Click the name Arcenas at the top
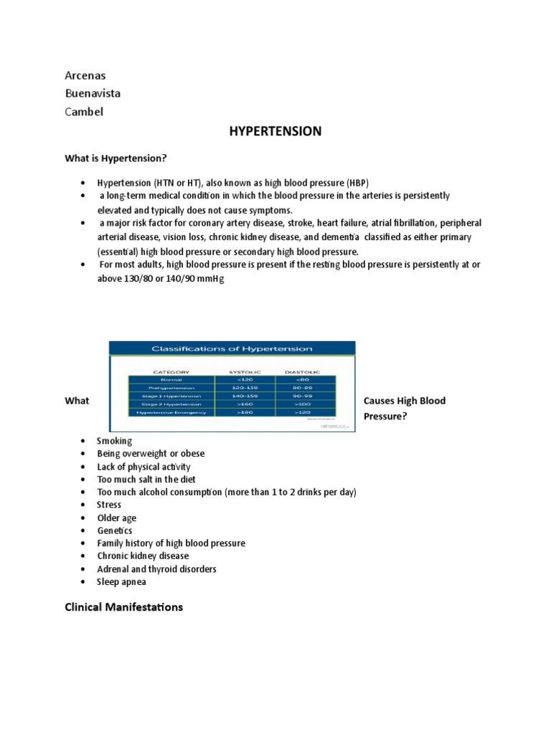point(85,75)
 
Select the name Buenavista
point(93,93)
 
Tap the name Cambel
point(84,111)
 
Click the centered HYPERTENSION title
point(275,131)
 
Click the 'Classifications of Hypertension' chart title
point(231,349)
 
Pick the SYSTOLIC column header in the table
point(245,372)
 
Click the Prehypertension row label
point(171,389)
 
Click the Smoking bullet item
point(115,441)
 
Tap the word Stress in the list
point(109,505)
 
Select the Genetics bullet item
point(115,530)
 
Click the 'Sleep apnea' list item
point(121,582)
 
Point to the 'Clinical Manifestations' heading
point(123,607)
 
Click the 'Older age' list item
point(116,518)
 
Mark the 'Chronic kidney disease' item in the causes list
point(143,556)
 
